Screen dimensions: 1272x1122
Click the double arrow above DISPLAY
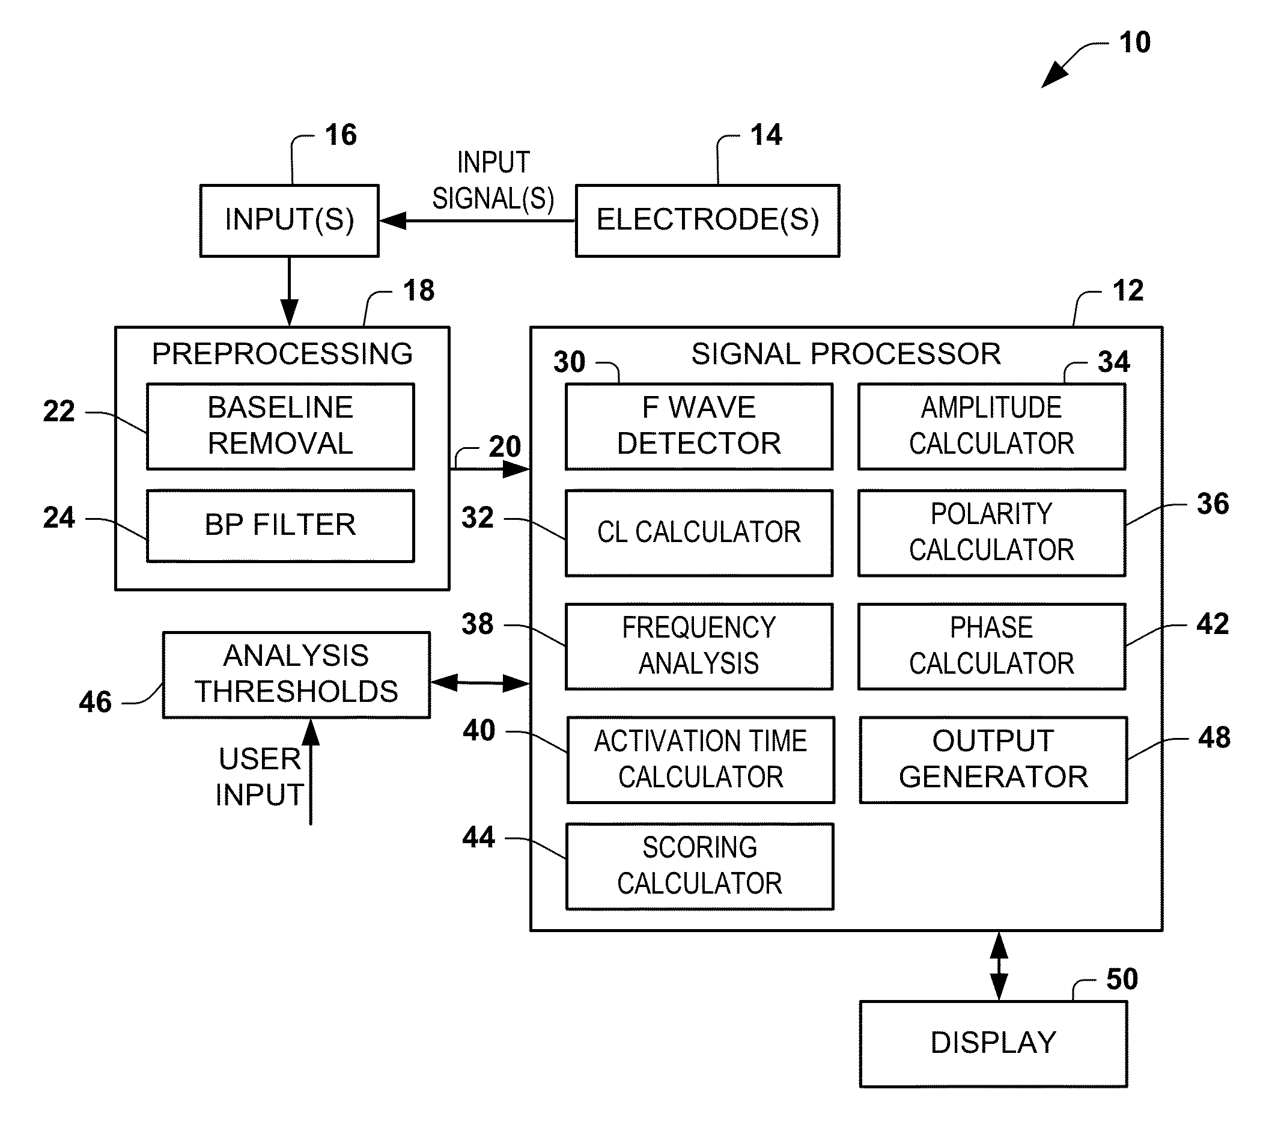tap(999, 966)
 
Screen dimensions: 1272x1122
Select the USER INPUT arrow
tap(311, 772)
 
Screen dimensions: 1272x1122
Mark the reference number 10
tap(1134, 42)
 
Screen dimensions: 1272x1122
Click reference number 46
tap(95, 702)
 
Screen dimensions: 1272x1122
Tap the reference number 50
tap(1122, 979)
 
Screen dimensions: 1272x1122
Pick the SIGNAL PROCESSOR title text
tap(846, 353)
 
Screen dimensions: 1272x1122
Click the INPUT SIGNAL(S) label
tap(493, 180)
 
